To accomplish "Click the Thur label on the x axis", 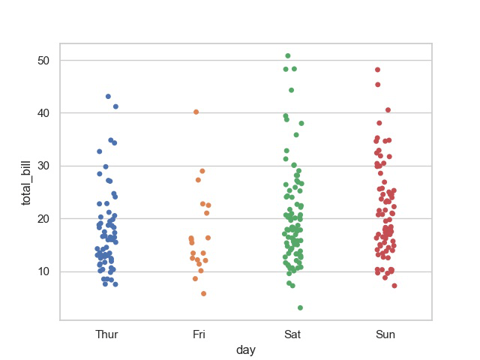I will (x=106, y=334).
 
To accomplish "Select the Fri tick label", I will (x=199, y=334).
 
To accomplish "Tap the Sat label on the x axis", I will (x=292, y=334).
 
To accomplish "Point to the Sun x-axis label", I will (x=385, y=334).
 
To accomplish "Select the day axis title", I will (x=246, y=350).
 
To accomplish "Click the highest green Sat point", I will (x=288, y=56).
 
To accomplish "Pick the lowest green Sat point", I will (x=300, y=307).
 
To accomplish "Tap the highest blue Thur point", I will (x=108, y=97).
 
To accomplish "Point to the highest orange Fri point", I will (x=196, y=112).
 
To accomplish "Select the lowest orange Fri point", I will (x=203, y=293).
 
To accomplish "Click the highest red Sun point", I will (x=378, y=70).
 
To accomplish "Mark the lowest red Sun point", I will (x=394, y=286).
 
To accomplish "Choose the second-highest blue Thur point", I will (x=115, y=106).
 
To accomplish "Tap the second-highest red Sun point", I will (x=378, y=85).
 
